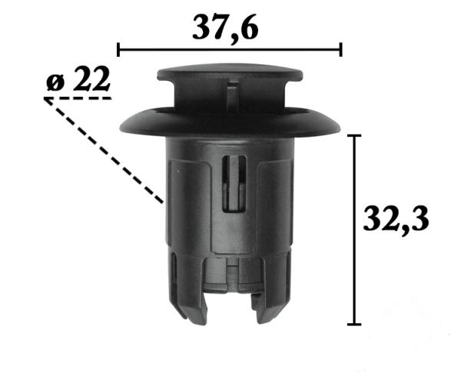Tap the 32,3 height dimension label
[x=396, y=219]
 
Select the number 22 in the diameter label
[x=91, y=79]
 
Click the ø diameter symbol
[x=55, y=82]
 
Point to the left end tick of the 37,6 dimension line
[x=118, y=49]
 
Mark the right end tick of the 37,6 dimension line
[x=340, y=49]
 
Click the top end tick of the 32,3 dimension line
[x=354, y=135]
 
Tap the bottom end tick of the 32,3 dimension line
[x=354, y=324]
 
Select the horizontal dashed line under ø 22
[x=78, y=98]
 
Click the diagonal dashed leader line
[x=104, y=151]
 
